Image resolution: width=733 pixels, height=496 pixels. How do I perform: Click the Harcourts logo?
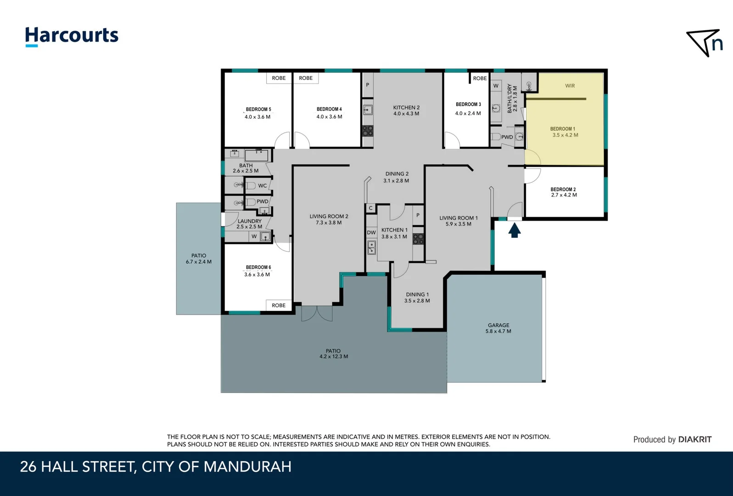pyautogui.click(x=72, y=36)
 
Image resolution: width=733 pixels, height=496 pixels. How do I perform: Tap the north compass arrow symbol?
pyautogui.click(x=704, y=43)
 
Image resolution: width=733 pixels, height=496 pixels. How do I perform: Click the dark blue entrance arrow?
pyautogui.click(x=514, y=230)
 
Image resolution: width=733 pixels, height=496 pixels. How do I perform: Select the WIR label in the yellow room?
pyautogui.click(x=570, y=86)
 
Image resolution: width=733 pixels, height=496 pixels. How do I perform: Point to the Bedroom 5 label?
pyautogui.click(x=258, y=109)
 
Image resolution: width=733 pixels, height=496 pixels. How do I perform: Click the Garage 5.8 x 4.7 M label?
pyautogui.click(x=498, y=328)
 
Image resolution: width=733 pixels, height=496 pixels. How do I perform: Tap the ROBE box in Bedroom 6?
pyautogui.click(x=278, y=305)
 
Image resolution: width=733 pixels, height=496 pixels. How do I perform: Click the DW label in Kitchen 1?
pyautogui.click(x=371, y=233)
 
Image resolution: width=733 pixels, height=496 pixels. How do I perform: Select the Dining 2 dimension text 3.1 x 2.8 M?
pyautogui.click(x=396, y=181)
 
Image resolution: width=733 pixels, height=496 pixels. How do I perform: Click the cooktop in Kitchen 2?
pyautogui.click(x=368, y=131)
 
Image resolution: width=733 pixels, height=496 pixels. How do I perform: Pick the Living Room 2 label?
pyautogui.click(x=329, y=216)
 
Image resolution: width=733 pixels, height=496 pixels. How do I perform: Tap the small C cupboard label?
pyautogui.click(x=370, y=208)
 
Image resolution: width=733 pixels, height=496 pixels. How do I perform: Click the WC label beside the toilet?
pyautogui.click(x=262, y=186)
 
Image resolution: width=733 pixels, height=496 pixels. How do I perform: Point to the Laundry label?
pyautogui.click(x=249, y=221)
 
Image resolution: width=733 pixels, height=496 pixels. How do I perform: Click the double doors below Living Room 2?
pyautogui.click(x=317, y=313)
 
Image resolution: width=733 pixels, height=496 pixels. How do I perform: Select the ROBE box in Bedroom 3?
pyautogui.click(x=480, y=79)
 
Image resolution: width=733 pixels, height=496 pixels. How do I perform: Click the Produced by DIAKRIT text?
pyautogui.click(x=672, y=440)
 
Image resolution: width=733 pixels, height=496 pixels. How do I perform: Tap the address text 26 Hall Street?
pyautogui.click(x=156, y=467)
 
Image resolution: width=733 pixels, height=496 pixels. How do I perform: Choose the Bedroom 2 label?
pyautogui.click(x=563, y=189)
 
